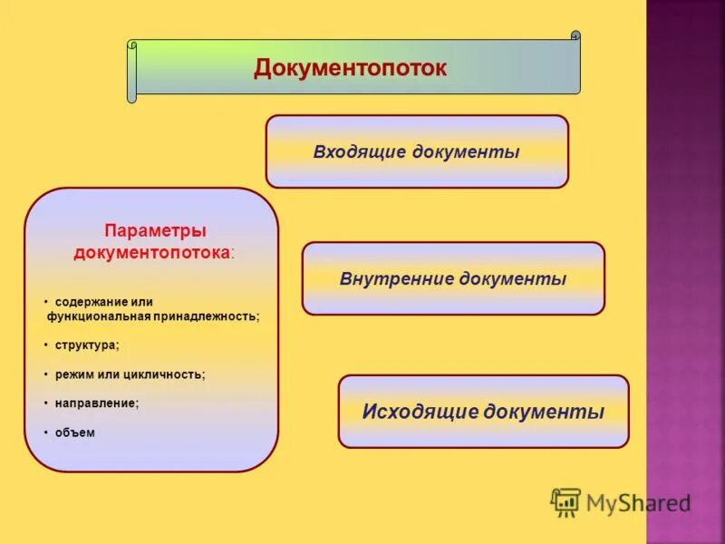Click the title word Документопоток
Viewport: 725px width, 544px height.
tap(350, 68)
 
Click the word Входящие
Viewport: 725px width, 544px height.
tap(360, 151)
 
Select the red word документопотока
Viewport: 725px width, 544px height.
tap(150, 252)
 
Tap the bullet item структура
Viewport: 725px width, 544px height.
tap(86, 345)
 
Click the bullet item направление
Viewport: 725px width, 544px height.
tap(96, 403)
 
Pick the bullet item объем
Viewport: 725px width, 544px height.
tap(74, 432)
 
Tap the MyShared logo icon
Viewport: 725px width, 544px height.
tap(565, 502)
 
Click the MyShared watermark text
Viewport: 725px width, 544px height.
tap(638, 503)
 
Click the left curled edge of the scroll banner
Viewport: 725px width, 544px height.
tap(131, 71)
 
